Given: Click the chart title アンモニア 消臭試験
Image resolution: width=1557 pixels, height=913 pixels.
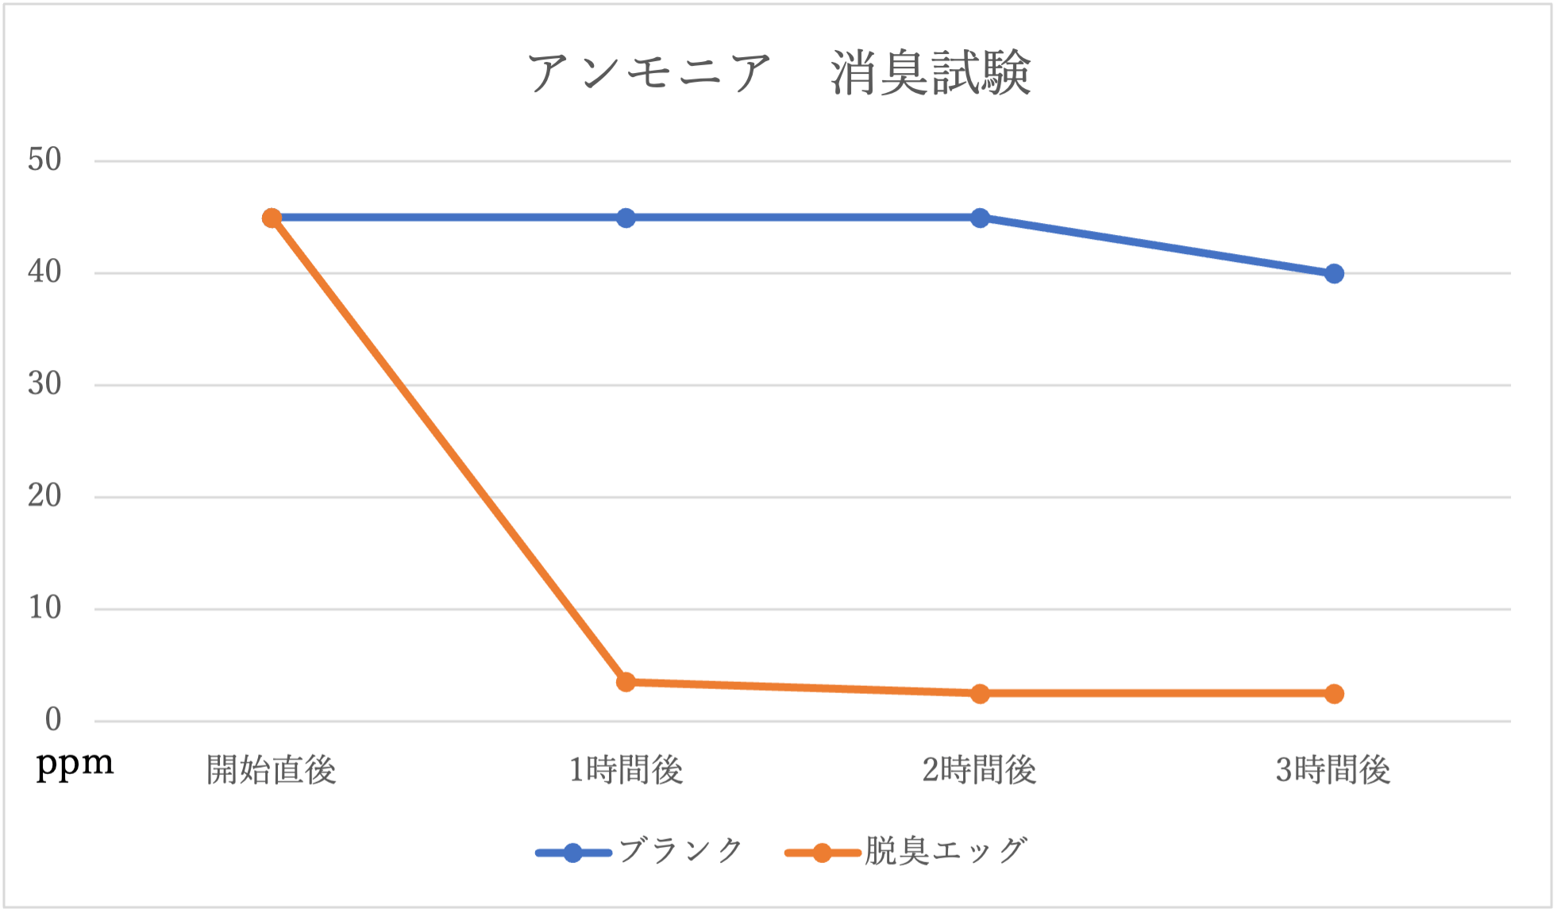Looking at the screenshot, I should (778, 73).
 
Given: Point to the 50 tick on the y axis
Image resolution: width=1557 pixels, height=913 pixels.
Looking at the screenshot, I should (44, 160).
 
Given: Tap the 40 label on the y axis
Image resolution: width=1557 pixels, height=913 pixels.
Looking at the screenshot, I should (44, 272).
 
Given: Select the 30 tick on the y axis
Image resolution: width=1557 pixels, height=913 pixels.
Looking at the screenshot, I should (44, 384).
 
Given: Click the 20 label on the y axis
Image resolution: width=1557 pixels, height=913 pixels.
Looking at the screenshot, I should (44, 496).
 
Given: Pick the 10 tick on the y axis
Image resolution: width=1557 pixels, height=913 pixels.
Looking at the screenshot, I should (44, 608).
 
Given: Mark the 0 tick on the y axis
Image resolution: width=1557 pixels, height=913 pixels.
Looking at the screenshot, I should (52, 720).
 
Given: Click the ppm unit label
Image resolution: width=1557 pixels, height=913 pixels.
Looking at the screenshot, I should (75, 765).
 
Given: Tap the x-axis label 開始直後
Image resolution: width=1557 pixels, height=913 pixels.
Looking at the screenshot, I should (272, 770).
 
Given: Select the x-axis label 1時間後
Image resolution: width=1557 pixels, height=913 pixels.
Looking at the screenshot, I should (626, 770).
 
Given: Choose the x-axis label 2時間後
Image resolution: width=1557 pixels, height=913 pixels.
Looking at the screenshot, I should (979, 770).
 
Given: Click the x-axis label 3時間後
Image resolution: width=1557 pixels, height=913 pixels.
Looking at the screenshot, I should (1333, 770).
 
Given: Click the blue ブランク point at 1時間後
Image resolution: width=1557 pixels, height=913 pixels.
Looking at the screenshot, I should (626, 218).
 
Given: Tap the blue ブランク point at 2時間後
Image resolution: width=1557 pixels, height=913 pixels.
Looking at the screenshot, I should (980, 218).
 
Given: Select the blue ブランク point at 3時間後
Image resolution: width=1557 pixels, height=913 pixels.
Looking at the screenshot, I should (1334, 274).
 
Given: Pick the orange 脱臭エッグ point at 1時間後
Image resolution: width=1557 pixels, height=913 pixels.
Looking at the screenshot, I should (626, 682).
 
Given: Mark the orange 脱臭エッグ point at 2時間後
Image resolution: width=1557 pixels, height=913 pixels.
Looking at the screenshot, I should (980, 693).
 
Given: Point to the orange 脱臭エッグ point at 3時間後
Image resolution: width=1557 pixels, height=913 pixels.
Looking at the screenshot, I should (1334, 693).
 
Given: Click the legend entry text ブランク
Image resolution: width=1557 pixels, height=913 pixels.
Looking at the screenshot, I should (680, 851).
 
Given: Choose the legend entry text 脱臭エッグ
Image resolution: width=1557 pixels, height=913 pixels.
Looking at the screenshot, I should (946, 851).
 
